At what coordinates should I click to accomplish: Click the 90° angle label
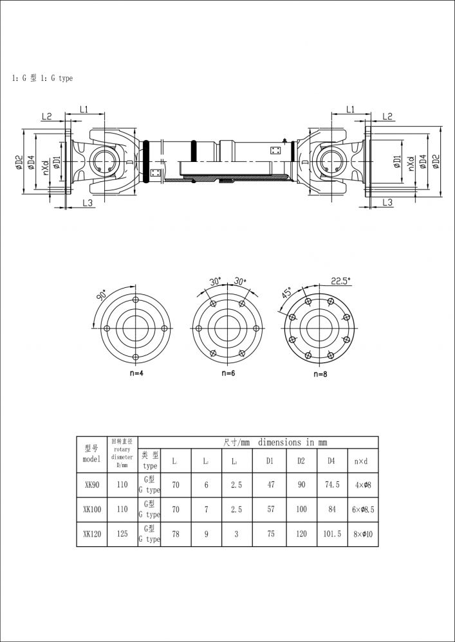[102, 296]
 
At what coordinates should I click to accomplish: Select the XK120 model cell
[91, 534]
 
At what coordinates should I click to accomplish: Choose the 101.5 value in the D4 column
[330, 534]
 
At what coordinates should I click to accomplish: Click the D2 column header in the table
[301, 461]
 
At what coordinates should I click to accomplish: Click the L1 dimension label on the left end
[84, 109]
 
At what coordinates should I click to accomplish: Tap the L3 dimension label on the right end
[387, 202]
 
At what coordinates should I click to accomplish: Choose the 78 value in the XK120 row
[175, 534]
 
